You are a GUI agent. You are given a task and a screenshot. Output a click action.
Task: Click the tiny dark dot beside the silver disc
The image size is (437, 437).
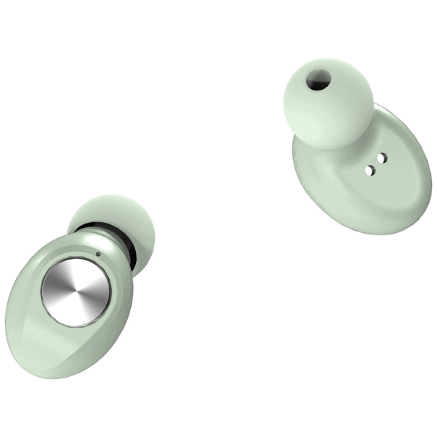point(98,253)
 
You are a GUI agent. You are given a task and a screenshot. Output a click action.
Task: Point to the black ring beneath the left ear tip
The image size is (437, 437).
point(109,239)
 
